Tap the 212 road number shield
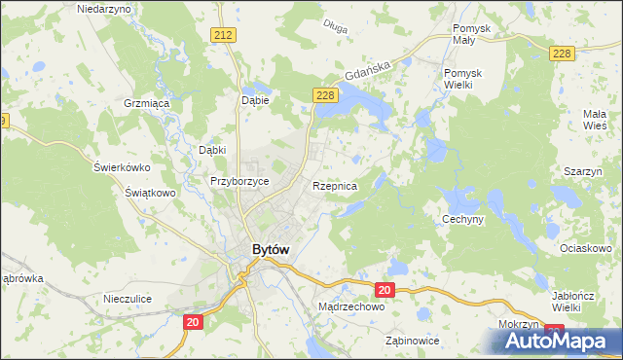tap(224, 35)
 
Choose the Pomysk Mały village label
tap(477, 35)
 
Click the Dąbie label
tap(254, 99)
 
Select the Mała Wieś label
tap(595, 120)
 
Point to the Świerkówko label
tap(120, 165)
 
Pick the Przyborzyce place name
tap(239, 181)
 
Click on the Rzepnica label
tap(335, 185)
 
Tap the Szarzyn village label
tap(581, 171)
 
